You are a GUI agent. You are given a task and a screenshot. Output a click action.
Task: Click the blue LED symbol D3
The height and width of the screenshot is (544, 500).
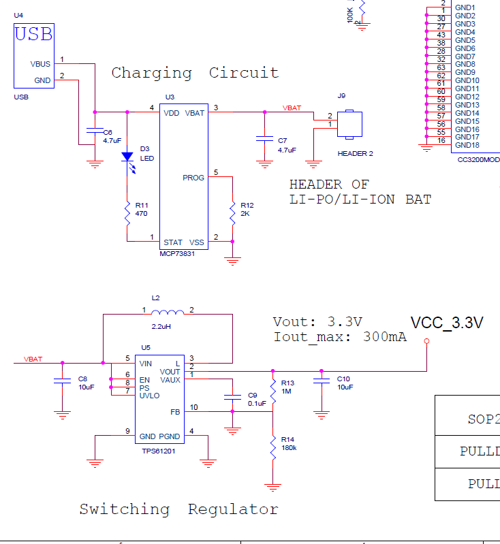click(127, 157)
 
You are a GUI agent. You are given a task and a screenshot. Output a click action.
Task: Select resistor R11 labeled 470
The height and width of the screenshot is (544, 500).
click(127, 214)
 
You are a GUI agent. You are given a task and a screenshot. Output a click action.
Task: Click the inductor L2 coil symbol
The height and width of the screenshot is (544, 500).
click(167, 313)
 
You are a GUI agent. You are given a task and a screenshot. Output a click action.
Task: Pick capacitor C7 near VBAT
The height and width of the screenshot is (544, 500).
click(264, 139)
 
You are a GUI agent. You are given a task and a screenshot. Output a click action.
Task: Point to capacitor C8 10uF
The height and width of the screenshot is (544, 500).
click(62, 383)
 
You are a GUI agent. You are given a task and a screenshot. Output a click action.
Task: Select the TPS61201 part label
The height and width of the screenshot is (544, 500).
click(158, 450)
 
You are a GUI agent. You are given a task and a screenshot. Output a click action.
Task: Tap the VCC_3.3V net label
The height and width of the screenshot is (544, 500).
click(447, 323)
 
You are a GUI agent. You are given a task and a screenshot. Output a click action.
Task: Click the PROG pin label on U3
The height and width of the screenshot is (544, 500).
click(193, 178)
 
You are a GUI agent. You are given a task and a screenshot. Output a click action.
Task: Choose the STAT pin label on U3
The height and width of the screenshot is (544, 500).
click(173, 242)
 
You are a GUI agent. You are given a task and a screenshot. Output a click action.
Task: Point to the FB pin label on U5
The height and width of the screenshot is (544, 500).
click(175, 412)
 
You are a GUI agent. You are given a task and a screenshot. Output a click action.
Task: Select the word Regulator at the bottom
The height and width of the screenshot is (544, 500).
click(233, 509)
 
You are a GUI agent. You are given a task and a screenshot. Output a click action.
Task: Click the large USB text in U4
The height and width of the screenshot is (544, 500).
click(34, 34)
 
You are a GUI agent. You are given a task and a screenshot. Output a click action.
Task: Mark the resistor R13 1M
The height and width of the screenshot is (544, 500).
click(273, 391)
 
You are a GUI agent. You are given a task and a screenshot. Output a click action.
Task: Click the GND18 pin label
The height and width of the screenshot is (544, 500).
click(467, 145)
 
